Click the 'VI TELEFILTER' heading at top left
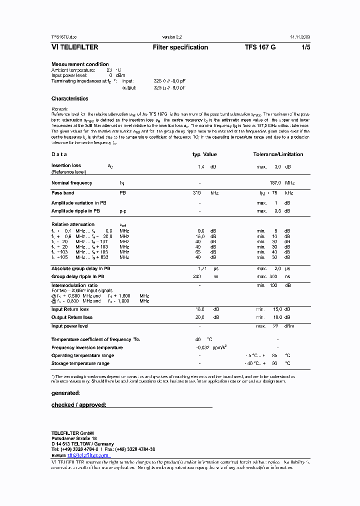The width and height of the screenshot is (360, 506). coord(74,47)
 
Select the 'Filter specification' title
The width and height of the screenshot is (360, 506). coord(180,47)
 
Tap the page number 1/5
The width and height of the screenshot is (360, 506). coord(305,47)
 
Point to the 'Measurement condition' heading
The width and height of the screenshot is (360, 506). coord(80,64)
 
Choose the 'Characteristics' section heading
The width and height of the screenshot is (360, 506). coord(69,99)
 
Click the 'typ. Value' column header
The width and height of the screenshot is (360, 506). coord(204,154)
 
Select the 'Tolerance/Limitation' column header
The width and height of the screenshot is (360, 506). coord(278,154)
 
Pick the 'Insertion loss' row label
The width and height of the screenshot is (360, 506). coord(66,165)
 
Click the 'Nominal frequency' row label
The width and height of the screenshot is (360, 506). coord(71,183)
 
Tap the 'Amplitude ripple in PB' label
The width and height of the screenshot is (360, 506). coord(76,211)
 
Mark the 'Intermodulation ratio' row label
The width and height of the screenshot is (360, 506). coord(75,285)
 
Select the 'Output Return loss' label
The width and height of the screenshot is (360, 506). coord(72,317)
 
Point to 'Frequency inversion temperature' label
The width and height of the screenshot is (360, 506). coord(87,347)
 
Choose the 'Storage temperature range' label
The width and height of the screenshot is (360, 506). coord(80,363)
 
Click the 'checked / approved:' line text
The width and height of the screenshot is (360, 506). coord(79,405)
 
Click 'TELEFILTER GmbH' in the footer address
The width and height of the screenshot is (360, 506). coord(72,432)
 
